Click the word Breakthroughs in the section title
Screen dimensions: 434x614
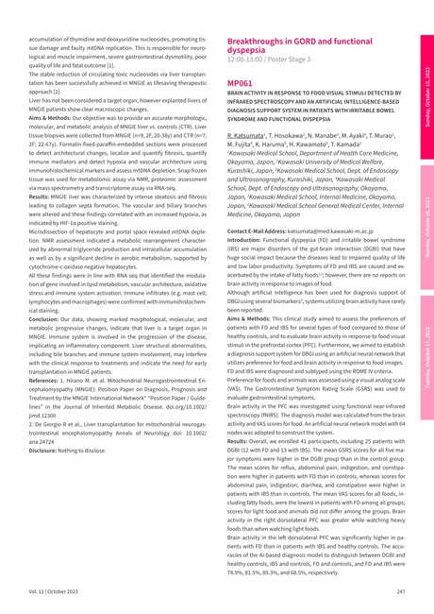pyautogui.click(x=261, y=43)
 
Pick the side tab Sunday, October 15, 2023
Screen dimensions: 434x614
pyautogui.click(x=426, y=95)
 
